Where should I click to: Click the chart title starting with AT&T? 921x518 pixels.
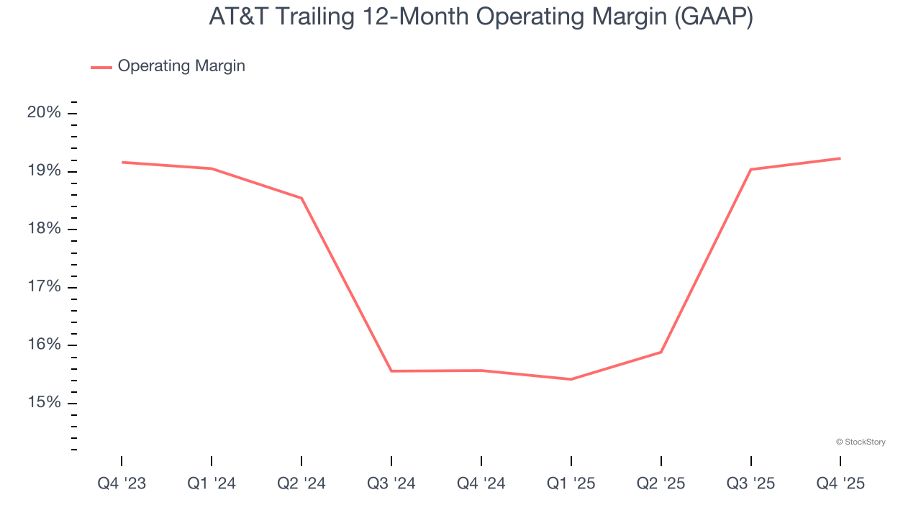pos(481,17)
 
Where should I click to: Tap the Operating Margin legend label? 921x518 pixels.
pos(181,66)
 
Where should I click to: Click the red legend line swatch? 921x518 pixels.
pos(101,67)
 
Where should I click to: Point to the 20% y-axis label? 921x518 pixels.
pos(45,113)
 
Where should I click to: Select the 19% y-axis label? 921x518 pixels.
pos(45,171)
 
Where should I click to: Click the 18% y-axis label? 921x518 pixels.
pos(45,229)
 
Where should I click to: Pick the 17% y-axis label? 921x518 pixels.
pos(45,287)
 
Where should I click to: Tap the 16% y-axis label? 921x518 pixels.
pos(45,345)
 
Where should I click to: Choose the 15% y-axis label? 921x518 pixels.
pos(45,403)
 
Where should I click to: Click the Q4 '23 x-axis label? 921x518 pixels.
pos(122,484)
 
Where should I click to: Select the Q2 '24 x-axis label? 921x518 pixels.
pos(301,484)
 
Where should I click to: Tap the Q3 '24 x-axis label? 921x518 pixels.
pos(391,484)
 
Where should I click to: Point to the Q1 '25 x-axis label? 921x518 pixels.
pos(571,484)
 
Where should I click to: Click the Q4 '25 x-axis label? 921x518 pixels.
pos(840,484)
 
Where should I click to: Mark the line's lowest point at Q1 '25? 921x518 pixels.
pos(571,379)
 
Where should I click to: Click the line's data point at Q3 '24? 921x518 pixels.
pos(391,371)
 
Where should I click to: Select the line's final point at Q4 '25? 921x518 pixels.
pos(840,158)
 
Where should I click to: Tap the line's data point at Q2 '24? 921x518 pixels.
pos(301,198)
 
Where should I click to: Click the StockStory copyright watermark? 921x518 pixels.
pos(861,442)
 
